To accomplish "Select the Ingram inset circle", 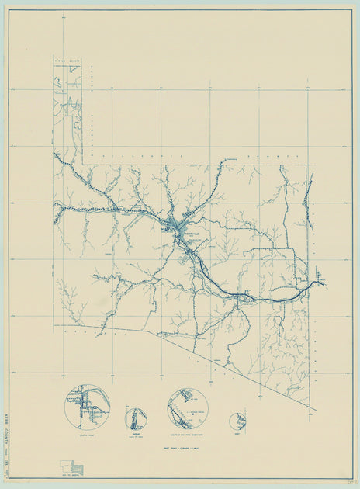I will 136,418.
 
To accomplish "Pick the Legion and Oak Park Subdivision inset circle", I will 188,409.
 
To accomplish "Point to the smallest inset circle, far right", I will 237,421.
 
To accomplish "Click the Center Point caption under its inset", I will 86,436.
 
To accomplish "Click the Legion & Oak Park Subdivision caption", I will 188,436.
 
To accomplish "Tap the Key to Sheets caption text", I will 71,477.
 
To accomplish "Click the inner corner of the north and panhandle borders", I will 83,164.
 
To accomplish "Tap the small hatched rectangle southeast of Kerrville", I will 185,262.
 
